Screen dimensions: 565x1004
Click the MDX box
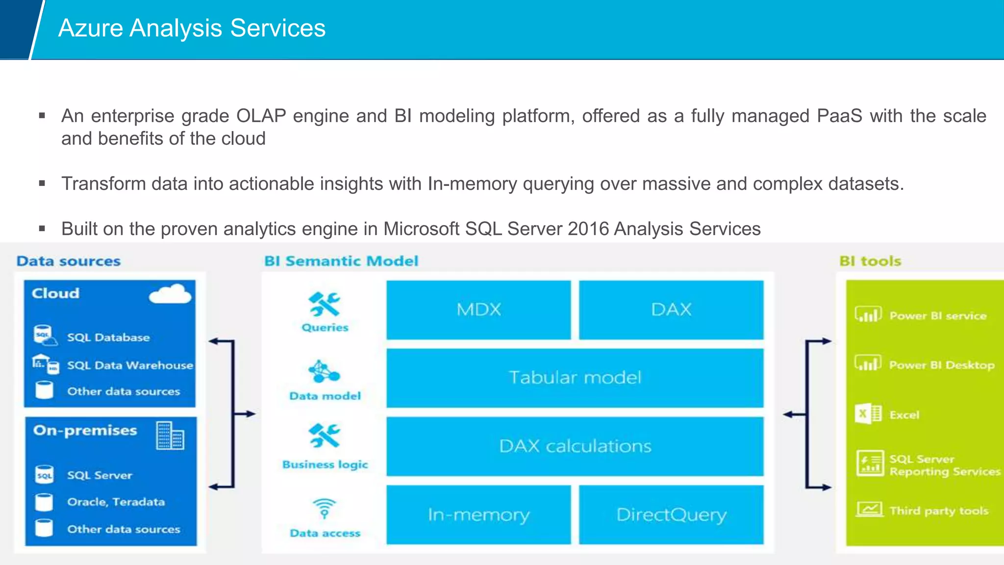478,309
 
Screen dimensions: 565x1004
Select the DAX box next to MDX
671,309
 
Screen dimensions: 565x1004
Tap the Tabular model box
575,378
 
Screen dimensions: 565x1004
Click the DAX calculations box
575,446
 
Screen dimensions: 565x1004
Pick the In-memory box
478,514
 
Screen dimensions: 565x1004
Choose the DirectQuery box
671,514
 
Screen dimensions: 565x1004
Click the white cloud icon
170,294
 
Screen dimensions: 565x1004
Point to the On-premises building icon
170,436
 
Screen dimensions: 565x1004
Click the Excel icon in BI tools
868,414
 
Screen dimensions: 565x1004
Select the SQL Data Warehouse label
130,365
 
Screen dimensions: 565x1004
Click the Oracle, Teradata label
116,502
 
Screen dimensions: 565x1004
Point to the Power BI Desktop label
941,365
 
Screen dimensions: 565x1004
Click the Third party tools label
938,511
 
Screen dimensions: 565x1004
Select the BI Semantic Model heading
341,261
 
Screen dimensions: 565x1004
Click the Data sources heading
69,261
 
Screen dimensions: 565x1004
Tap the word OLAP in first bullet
261,116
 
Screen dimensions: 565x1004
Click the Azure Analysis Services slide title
192,28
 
